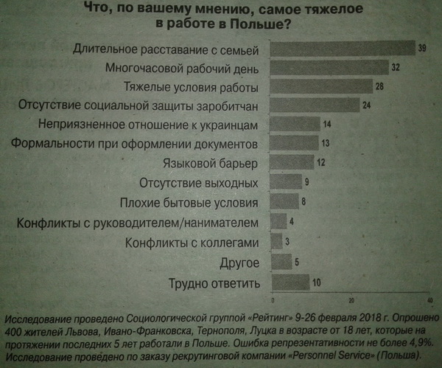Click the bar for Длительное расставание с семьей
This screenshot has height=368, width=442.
pos(341,49)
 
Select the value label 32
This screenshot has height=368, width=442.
pos(396,68)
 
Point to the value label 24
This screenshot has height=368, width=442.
pos(365,105)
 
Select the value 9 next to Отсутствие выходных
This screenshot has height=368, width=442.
pos(306,181)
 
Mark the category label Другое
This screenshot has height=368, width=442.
pos(239,262)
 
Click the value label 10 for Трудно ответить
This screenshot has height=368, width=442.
pos(315,282)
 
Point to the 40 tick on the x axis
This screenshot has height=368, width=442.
pos(429,300)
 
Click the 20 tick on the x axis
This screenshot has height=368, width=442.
pos(351,300)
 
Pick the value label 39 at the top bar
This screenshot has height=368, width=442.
pos(422,49)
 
